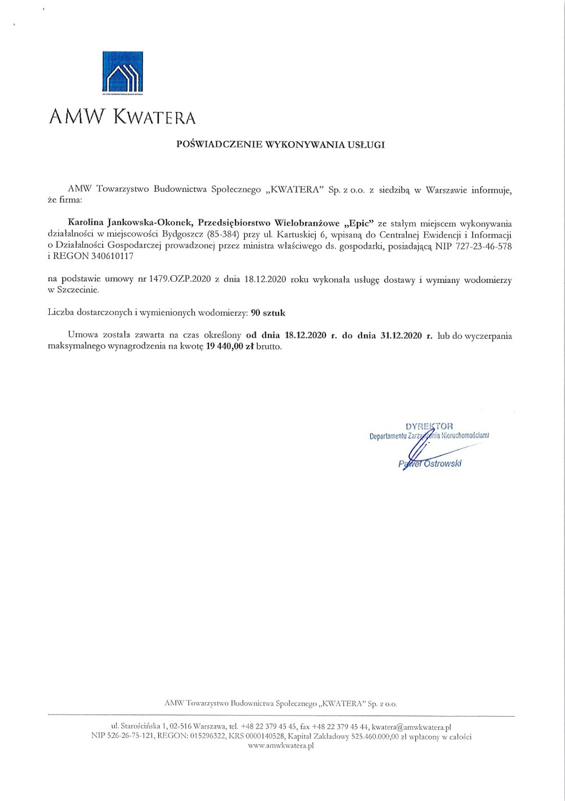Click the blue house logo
[122, 72]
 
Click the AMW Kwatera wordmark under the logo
[122, 117]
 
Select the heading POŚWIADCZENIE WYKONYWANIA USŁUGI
[280, 145]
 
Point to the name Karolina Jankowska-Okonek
[130, 223]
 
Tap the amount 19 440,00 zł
[229, 346]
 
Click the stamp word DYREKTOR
[429, 426]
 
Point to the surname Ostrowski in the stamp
[442, 463]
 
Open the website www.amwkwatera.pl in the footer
[281, 746]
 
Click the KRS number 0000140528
[262, 737]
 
